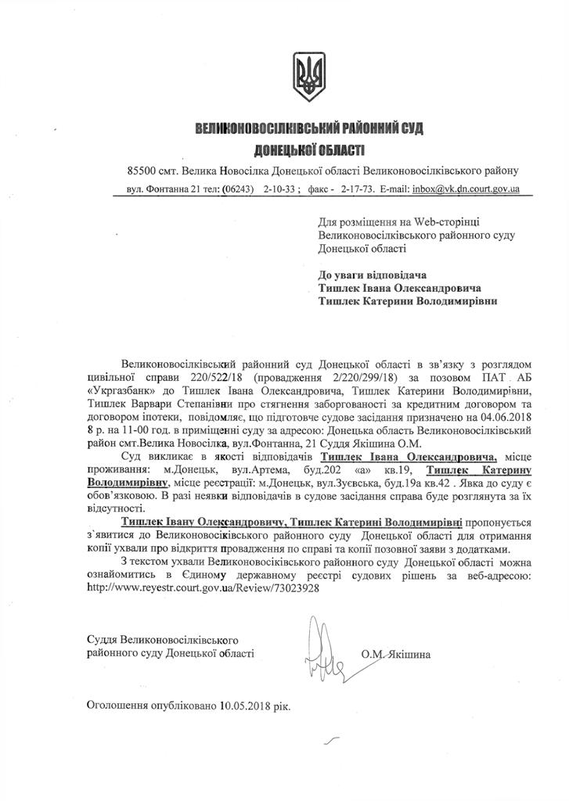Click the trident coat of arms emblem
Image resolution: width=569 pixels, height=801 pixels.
point(305,75)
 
